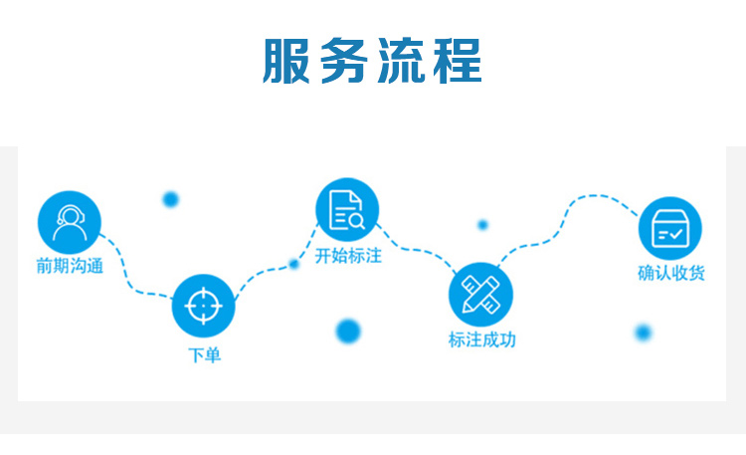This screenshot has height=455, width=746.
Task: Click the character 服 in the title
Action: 285,61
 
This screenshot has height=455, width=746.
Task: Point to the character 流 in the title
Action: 401,61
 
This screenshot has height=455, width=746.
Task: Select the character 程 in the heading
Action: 458,61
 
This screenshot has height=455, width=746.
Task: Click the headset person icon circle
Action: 70,222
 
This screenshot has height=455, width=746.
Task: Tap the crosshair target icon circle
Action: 204,306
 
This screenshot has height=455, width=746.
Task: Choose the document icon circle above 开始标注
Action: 347,210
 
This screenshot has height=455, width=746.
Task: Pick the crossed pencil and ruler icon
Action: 481,294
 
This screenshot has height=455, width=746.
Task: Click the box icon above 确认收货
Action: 670,228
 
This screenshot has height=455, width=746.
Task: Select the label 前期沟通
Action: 70,266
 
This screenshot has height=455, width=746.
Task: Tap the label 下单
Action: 205,355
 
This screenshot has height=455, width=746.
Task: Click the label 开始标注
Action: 348,256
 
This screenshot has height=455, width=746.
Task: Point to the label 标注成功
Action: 482,340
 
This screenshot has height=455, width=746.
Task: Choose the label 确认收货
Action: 671,273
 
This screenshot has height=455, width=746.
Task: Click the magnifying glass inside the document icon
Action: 356,221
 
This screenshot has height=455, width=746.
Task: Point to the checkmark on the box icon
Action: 675,234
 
